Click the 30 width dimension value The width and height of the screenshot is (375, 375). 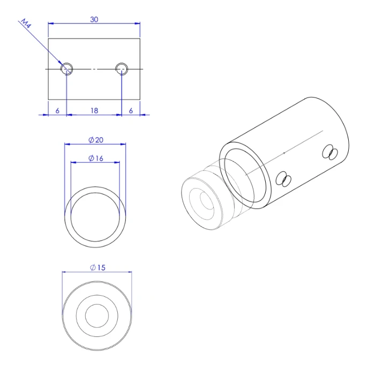tap(94, 19)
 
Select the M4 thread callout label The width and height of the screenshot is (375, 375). tap(26, 24)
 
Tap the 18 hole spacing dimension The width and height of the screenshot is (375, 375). tap(94, 111)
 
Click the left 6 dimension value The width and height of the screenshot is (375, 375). tap(57, 111)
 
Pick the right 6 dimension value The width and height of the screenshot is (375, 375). tap(131, 111)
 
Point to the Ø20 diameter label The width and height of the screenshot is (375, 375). tap(96, 140)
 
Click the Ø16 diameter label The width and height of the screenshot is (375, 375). tap(96, 159)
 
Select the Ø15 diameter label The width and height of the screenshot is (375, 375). tap(97, 267)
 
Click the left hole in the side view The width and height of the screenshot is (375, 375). tap(67, 68)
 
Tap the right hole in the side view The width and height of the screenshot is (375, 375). tap(122, 68)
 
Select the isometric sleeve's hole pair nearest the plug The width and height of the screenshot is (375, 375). tap(283, 179)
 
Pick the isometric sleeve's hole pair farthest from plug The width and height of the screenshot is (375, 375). tap(328, 153)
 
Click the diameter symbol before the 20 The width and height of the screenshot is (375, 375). tap(91, 140)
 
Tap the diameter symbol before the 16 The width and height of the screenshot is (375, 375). tap(91, 159)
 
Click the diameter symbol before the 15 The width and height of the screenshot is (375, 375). tap(93, 267)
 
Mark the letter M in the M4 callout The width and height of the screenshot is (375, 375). tap(24, 21)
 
